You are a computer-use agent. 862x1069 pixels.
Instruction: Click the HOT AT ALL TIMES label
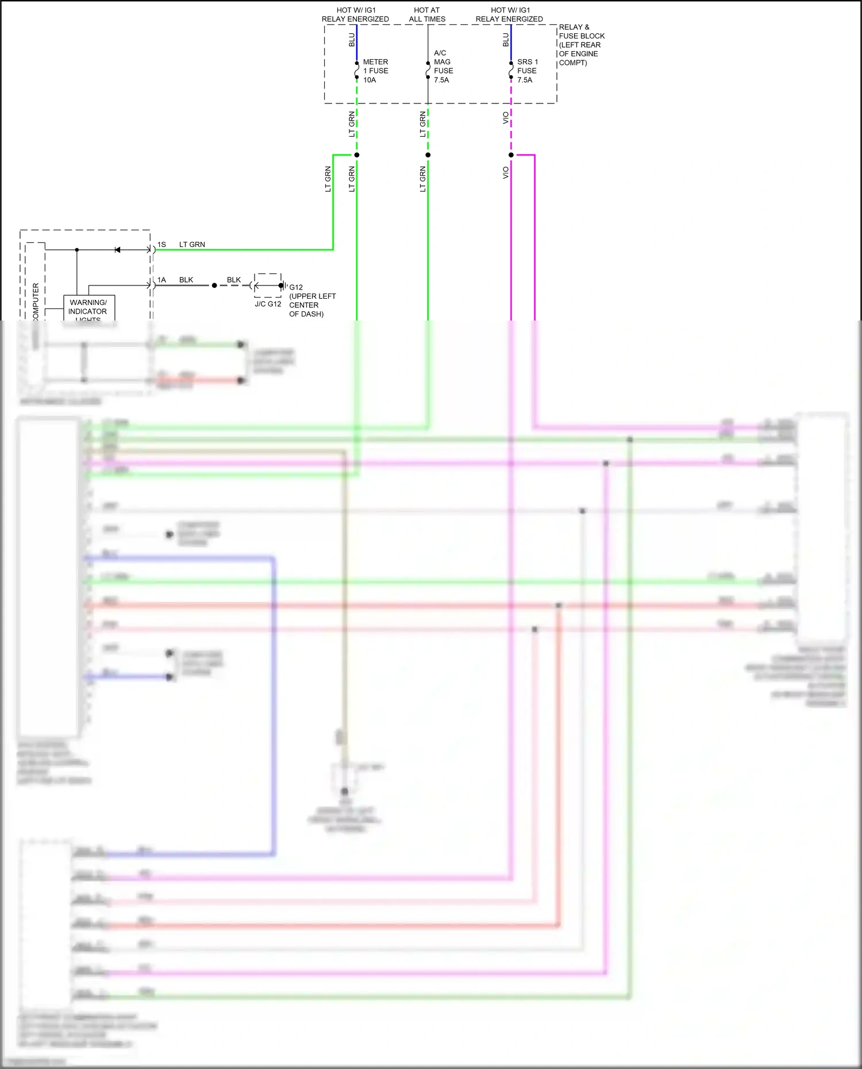click(x=427, y=14)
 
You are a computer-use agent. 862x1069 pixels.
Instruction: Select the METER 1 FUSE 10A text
click(x=375, y=71)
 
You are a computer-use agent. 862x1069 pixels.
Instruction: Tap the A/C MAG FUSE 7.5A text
click(x=442, y=67)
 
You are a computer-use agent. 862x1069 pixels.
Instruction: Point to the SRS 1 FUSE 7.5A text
click(x=527, y=71)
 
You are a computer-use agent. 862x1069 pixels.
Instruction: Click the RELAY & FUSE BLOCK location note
click(x=581, y=45)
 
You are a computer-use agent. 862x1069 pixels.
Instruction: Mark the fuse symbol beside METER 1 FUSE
click(x=357, y=70)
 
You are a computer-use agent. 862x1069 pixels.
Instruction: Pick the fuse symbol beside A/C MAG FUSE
click(x=428, y=70)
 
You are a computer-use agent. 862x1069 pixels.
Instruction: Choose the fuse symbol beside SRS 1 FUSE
click(x=511, y=70)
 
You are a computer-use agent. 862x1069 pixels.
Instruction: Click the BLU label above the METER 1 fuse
click(x=352, y=40)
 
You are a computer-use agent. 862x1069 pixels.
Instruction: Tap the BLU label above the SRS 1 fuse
click(x=506, y=40)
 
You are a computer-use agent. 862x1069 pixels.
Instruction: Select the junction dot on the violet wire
click(x=511, y=155)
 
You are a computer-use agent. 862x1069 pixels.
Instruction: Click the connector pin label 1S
click(x=161, y=245)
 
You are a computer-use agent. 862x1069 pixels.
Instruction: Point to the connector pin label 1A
click(x=161, y=280)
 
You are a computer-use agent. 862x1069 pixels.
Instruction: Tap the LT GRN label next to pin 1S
click(x=192, y=245)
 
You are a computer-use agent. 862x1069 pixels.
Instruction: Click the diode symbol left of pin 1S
click(x=117, y=250)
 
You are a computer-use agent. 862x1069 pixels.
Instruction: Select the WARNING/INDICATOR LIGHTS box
click(x=88, y=308)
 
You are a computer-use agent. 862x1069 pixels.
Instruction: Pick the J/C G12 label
click(x=268, y=304)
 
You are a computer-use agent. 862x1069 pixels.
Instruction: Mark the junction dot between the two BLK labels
click(x=214, y=285)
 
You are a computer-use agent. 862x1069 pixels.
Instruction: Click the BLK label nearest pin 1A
click(x=186, y=280)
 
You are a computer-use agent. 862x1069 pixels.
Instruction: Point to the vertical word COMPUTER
click(x=36, y=302)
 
